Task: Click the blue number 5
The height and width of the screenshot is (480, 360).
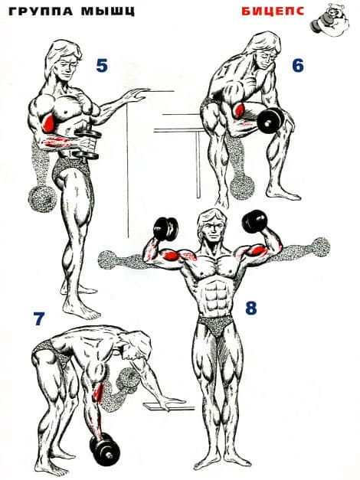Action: (x=102, y=65)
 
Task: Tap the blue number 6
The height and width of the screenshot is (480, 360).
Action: (x=298, y=65)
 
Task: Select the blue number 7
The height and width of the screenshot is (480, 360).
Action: (x=39, y=318)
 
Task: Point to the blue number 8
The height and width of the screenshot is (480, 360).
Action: (x=251, y=308)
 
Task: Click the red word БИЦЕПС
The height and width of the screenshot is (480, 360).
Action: (x=273, y=11)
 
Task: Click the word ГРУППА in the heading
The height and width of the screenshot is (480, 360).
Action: (x=41, y=11)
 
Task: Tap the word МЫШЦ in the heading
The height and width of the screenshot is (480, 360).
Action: (x=107, y=11)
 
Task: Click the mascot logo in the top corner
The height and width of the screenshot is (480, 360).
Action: (x=332, y=19)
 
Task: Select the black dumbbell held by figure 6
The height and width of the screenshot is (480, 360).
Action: (x=270, y=119)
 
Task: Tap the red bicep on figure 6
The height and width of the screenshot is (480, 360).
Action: (x=239, y=110)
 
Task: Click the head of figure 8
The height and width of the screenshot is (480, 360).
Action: (x=210, y=227)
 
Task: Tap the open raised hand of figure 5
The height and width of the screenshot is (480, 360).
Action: (x=136, y=95)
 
